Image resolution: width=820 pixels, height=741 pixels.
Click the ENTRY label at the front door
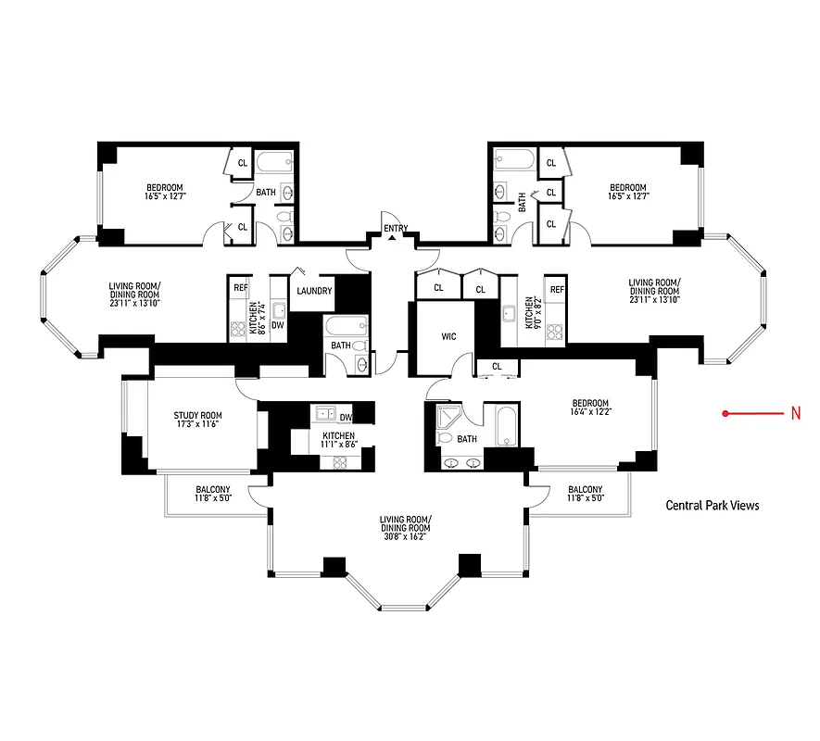tap(395, 227)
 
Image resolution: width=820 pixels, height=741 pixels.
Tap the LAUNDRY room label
tap(314, 291)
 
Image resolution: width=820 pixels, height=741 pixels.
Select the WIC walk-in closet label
tap(448, 336)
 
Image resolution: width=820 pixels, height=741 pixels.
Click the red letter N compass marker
tap(795, 414)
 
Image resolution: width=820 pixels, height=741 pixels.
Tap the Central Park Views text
tap(712, 506)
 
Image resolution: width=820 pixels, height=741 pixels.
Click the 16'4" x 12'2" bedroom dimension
tap(590, 413)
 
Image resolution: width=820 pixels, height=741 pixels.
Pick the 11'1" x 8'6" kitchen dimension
tap(338, 445)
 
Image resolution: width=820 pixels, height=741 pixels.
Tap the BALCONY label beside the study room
tap(213, 490)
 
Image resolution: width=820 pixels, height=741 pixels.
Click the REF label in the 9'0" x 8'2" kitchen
tap(556, 290)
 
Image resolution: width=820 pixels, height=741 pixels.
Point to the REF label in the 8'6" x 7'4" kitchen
tap(241, 288)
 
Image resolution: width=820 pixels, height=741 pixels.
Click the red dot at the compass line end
tap(725, 414)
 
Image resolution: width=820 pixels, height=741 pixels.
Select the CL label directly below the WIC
tap(497, 366)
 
